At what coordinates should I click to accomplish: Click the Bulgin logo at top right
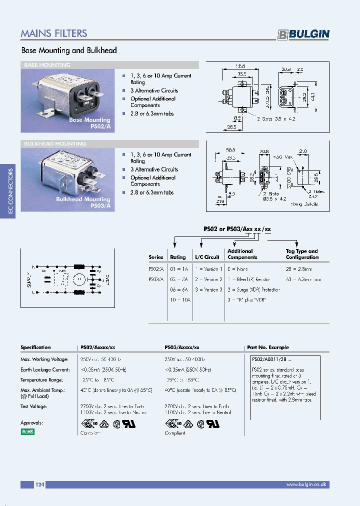[x=303, y=34]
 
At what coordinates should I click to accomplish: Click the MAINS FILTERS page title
[x=54, y=33]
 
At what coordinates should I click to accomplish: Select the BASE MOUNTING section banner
[x=47, y=65]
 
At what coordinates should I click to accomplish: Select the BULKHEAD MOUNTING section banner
[x=55, y=144]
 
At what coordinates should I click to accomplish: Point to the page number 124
[x=40, y=484]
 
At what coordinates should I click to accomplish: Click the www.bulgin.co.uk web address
[x=306, y=484]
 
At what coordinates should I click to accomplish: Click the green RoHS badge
[x=27, y=431]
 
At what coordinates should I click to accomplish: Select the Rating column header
[x=178, y=257]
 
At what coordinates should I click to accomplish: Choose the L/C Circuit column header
[x=207, y=257]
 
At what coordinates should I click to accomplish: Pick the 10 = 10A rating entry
[x=180, y=299]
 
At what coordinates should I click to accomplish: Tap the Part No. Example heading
[x=268, y=347]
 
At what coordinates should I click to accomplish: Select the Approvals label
[x=32, y=422]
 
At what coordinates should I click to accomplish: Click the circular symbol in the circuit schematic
[x=78, y=279]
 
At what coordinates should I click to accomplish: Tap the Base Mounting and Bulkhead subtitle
[x=69, y=50]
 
